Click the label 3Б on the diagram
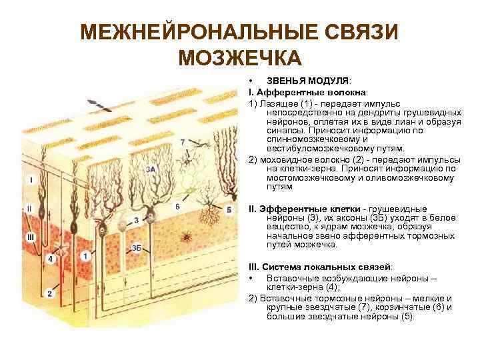tap(137, 248)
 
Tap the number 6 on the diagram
tap(177, 207)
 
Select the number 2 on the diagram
tap(49, 293)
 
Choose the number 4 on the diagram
tap(51, 257)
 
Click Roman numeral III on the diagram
tap(30, 237)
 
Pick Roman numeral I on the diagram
tap(31, 180)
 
